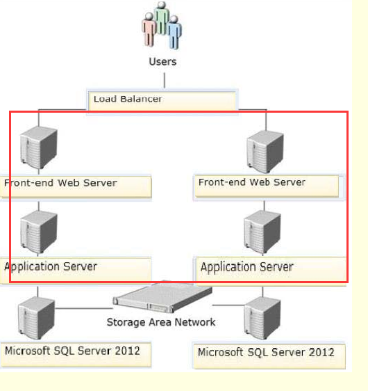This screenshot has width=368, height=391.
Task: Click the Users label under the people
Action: coord(162,62)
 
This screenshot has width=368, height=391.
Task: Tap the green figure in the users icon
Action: coord(162,18)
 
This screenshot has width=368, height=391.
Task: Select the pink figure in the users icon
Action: coord(149,29)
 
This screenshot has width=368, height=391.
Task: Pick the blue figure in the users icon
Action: coord(174,33)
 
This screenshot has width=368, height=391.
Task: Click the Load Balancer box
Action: coord(162,101)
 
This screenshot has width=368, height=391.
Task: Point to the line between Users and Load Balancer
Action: coord(165,80)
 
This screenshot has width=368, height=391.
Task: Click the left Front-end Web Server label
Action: coord(60,183)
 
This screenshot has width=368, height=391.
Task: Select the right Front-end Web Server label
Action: coord(252,182)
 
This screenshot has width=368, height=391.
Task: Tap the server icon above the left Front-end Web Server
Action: coord(39,147)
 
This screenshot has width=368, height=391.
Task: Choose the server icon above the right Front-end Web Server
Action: coord(265,152)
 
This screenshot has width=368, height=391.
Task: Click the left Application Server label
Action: coord(51,266)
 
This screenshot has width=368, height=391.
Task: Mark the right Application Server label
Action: coord(247,267)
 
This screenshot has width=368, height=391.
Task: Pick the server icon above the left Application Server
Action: coord(39,232)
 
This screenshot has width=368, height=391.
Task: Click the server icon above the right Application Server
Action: coord(262,232)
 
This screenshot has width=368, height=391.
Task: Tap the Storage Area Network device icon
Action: coord(162,297)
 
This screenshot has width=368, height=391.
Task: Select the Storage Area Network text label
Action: coord(161,322)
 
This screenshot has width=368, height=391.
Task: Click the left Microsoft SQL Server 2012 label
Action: coord(72,351)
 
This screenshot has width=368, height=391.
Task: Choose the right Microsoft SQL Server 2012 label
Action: coord(266,352)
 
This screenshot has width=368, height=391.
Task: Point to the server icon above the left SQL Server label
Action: coord(36,318)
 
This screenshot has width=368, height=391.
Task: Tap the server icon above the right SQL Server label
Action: coord(262,318)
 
